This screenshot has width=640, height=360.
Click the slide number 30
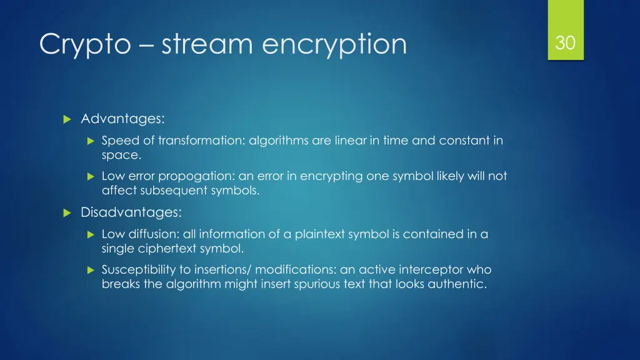tap(565, 42)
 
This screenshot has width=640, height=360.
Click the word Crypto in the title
tap(84, 44)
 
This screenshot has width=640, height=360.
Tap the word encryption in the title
tap(334, 44)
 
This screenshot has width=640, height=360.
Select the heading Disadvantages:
tap(131, 212)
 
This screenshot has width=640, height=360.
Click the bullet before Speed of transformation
tap(90, 141)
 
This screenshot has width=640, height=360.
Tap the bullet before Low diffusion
tap(90, 235)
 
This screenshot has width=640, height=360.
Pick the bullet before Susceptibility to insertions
tap(90, 271)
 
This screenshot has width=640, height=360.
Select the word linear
tap(349, 141)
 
